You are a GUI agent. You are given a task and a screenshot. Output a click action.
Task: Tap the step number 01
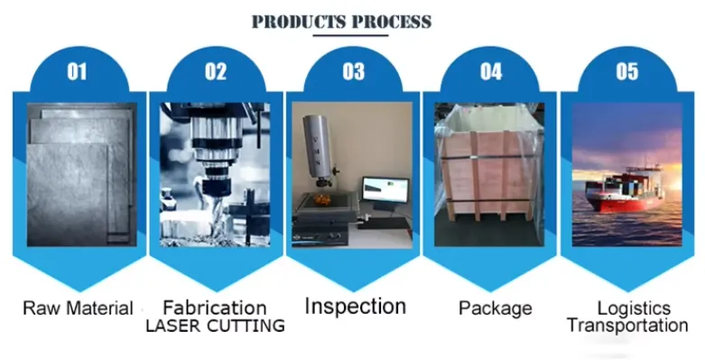(77, 71)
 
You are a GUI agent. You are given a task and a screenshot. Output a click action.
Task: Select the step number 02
(216, 71)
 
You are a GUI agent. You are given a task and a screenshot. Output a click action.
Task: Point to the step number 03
(353, 71)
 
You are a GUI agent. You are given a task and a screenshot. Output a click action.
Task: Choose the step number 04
(491, 71)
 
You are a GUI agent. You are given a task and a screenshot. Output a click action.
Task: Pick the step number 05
(627, 71)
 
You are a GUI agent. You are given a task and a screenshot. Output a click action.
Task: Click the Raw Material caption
(78, 309)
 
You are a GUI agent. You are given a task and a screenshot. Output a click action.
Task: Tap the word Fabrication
(215, 308)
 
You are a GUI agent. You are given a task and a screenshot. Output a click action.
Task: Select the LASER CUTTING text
(216, 326)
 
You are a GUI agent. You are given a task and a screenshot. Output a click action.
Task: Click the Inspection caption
(356, 307)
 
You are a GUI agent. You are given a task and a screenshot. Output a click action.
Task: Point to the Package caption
(496, 309)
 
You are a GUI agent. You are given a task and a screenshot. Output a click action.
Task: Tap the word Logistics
(634, 309)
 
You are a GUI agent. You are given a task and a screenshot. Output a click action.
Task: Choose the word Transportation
(627, 325)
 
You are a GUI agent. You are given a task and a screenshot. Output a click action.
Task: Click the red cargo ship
(626, 189)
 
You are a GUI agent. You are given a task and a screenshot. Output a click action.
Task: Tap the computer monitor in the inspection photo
(385, 190)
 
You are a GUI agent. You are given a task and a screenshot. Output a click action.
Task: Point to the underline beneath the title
(351, 35)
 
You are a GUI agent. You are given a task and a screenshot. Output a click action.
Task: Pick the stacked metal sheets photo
(82, 174)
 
